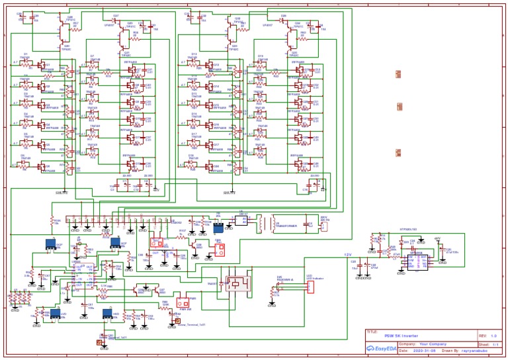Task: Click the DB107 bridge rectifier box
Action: [242, 220]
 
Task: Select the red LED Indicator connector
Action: [309, 285]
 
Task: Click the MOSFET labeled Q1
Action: [44, 66]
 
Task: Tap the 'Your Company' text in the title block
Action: [433, 344]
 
